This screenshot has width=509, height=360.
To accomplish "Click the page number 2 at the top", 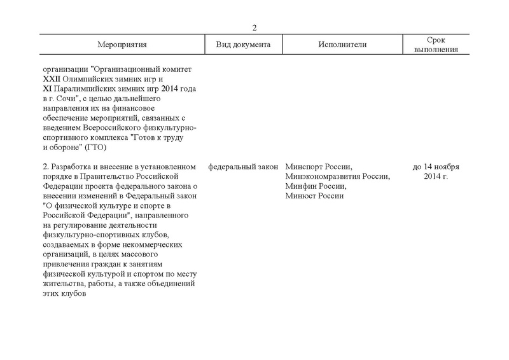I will [x=254, y=27].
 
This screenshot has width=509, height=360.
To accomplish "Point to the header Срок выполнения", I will [x=435, y=45].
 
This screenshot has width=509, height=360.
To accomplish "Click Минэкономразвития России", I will [x=338, y=177].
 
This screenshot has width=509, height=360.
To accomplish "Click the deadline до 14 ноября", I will [x=436, y=167].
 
